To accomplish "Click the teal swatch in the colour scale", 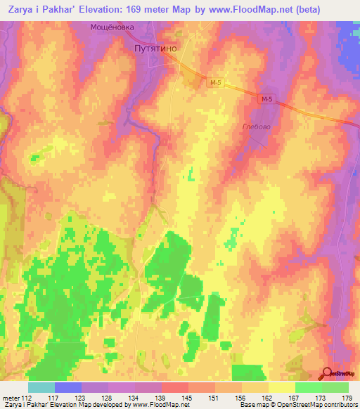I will click(x=41, y=387).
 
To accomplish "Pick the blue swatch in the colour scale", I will click(x=68, y=387).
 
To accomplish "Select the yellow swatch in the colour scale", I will click(x=281, y=387).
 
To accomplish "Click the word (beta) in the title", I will click(x=299, y=10).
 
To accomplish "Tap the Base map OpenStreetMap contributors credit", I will click(x=298, y=405).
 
